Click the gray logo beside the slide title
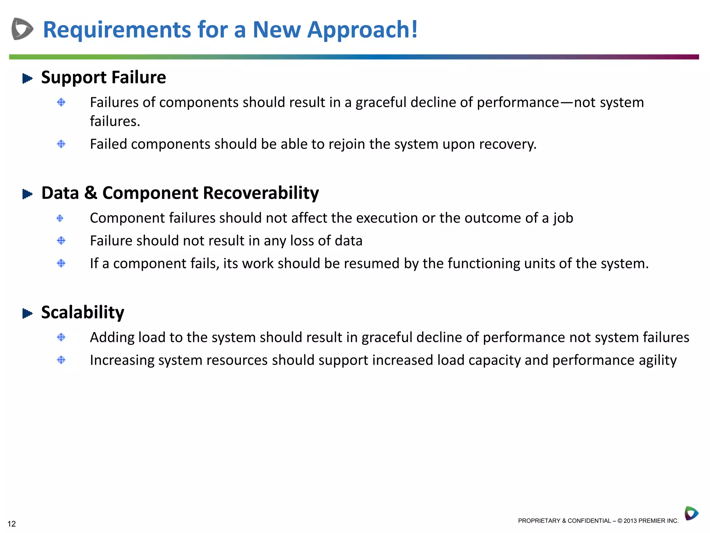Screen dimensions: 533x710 [x=22, y=29]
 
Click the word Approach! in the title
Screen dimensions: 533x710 [x=363, y=30]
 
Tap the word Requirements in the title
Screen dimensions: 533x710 [x=117, y=30]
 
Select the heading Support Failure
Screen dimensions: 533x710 [x=103, y=77]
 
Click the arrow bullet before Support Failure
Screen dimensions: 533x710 [x=27, y=78]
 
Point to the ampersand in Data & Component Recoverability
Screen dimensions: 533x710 [x=90, y=193]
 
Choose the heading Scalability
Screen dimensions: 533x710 [x=83, y=312]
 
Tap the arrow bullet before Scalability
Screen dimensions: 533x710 [x=27, y=314]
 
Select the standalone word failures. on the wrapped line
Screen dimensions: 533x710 [x=115, y=121]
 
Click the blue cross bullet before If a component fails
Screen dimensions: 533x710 [x=61, y=263]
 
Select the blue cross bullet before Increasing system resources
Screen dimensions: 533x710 [x=61, y=360]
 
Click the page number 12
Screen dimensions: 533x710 [x=12, y=524]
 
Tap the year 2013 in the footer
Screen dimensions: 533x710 [x=631, y=521]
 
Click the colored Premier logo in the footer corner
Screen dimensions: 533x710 [x=691, y=513]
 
